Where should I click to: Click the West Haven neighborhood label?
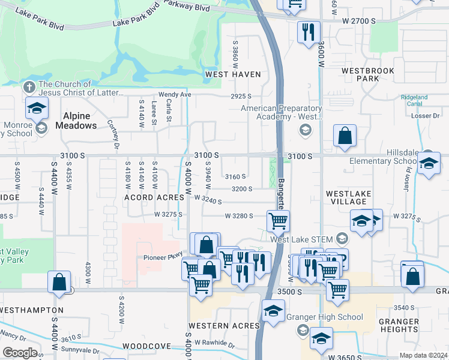[233, 74]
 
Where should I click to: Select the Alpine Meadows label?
[76, 121]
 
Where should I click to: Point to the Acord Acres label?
[154, 197]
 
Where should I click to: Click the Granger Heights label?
[399, 325]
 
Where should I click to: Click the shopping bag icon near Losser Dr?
[345, 137]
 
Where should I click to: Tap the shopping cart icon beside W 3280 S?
[278, 221]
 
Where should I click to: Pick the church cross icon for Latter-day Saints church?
[29, 87]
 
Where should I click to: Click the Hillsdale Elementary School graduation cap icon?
[429, 164]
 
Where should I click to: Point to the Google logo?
[20, 353]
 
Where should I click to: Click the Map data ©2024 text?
[423, 355]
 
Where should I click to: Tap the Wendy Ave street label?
[175, 95]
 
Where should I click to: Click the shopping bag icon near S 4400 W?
[59, 283]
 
